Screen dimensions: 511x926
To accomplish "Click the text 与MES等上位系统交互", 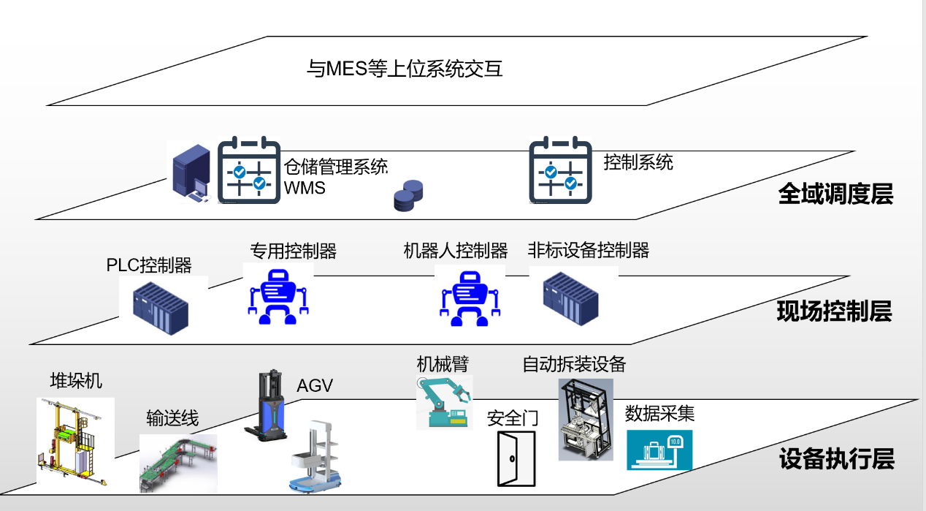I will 405,69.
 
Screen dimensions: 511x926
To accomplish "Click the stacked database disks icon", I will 408,196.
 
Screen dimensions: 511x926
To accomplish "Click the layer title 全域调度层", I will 835,194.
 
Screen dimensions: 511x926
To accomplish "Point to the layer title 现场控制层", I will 834,312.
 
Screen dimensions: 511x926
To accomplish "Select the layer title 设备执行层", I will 836,460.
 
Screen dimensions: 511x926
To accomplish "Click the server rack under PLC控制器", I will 161,308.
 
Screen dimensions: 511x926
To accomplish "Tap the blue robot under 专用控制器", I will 278,295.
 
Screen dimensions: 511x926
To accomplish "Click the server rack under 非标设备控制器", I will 570,298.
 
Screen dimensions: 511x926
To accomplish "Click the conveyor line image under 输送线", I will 177,462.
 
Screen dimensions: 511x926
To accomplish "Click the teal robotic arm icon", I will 443,401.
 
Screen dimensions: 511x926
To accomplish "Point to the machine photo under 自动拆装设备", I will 585,420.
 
